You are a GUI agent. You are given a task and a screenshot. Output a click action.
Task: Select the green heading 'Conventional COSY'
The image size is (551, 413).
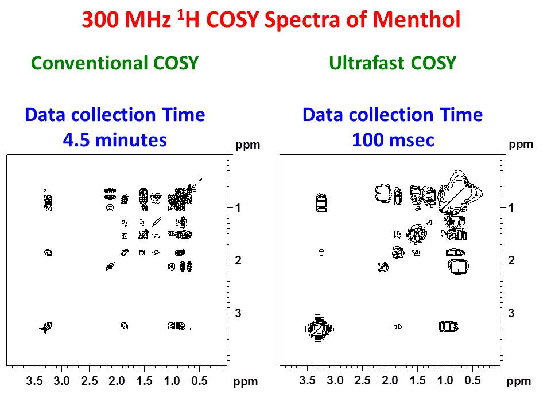click(x=114, y=63)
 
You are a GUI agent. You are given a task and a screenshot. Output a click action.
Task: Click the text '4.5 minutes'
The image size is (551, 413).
click(x=114, y=139)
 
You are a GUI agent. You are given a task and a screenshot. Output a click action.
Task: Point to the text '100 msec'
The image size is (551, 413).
click(x=393, y=139)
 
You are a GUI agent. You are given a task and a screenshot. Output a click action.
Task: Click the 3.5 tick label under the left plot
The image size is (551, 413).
click(x=34, y=380)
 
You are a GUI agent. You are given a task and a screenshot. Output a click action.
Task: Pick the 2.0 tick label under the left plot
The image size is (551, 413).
click(x=117, y=380)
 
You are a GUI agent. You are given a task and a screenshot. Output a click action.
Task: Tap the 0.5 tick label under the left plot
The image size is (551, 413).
click(x=199, y=380)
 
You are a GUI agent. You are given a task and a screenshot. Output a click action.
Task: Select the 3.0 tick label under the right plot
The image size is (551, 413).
click(x=335, y=380)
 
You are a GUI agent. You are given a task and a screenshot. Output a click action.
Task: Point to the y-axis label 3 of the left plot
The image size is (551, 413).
click(x=238, y=313)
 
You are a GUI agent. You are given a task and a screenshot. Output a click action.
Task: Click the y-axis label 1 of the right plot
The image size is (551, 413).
click(x=511, y=208)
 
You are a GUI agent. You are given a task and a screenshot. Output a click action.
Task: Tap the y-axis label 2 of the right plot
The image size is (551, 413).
click(x=511, y=260)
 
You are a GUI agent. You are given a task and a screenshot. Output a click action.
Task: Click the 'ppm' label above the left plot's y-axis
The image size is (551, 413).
click(x=248, y=145)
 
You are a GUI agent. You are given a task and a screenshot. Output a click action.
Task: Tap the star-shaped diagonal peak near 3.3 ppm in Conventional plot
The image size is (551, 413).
click(x=46, y=328)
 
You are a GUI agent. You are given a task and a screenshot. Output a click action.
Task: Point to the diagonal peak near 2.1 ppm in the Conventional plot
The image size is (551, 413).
click(x=110, y=266)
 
